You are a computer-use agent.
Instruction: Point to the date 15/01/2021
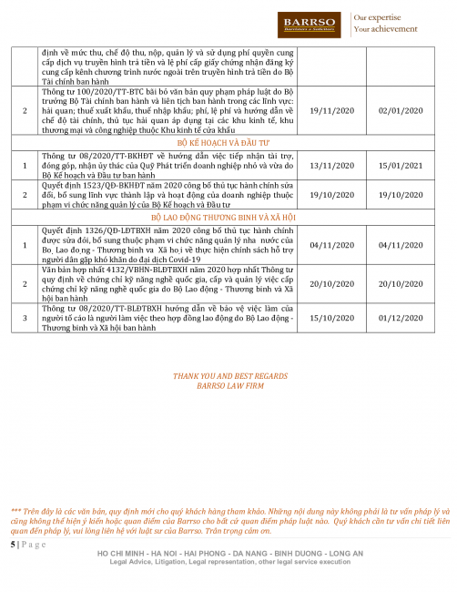tap(395, 166)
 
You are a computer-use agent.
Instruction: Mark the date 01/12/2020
tap(395, 317)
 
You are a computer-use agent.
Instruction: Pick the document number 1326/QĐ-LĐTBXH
tap(99, 230)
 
